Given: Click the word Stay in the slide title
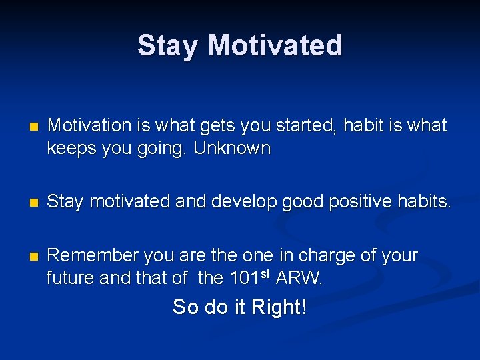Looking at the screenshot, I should (x=169, y=46).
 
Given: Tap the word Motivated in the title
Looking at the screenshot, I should (x=275, y=46).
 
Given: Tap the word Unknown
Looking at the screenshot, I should (x=232, y=148).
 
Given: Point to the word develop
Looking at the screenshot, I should (x=251, y=202).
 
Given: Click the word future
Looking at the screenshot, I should (x=70, y=278).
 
